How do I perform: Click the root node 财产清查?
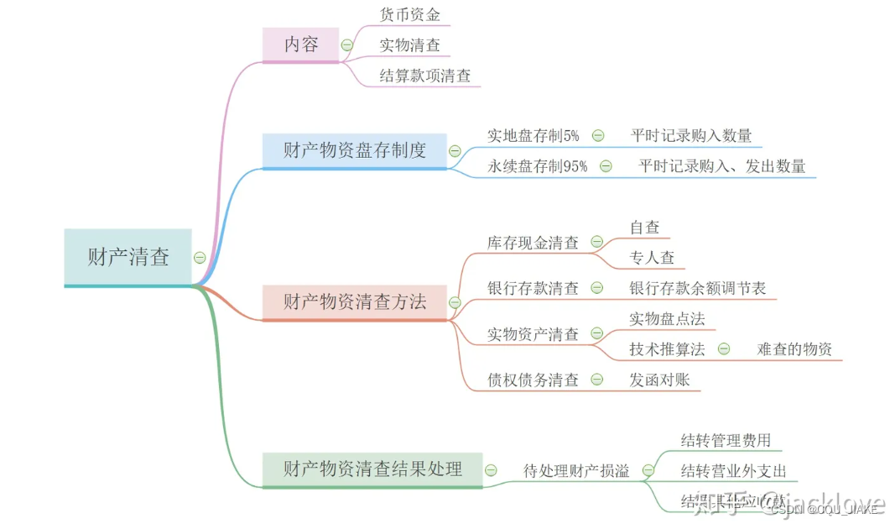(128, 257)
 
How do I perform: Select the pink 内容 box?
(301, 45)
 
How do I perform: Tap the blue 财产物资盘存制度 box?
(354, 150)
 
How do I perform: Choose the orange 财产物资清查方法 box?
(354, 301)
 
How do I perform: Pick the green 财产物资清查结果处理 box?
(372, 469)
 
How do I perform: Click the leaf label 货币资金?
(409, 14)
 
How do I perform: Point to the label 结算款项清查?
(425, 76)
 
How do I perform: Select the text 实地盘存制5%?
(533, 135)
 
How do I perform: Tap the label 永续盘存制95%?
(538, 166)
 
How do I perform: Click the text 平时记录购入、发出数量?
(721, 166)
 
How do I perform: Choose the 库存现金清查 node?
(533, 243)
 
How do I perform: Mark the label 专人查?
(652, 258)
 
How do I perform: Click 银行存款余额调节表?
(698, 288)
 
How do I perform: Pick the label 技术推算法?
(667, 348)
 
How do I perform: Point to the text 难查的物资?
(794, 348)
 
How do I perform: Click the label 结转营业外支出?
(734, 470)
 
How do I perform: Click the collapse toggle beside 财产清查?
(200, 257)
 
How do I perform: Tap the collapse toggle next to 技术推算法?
(723, 348)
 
